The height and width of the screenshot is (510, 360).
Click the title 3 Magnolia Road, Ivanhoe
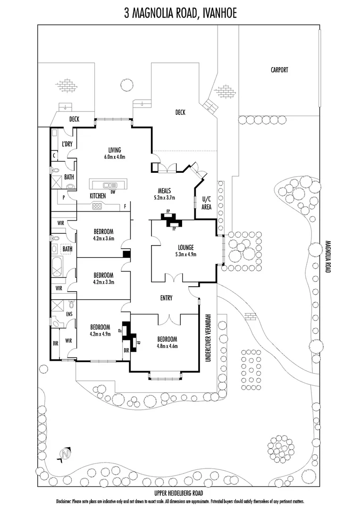[180, 13]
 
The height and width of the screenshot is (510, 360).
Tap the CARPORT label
[279, 70]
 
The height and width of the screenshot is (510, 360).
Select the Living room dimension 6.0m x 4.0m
[115, 157]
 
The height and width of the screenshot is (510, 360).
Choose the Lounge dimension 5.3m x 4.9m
[186, 255]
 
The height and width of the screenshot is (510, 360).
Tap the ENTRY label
[166, 298]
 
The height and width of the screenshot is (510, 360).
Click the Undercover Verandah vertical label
[207, 338]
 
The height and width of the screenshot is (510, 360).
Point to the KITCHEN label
[98, 195]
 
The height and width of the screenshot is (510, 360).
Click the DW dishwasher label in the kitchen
[113, 192]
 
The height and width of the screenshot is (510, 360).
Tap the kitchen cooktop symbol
[98, 206]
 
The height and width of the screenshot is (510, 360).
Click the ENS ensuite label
[68, 313]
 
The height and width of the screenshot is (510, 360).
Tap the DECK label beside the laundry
[74, 119]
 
